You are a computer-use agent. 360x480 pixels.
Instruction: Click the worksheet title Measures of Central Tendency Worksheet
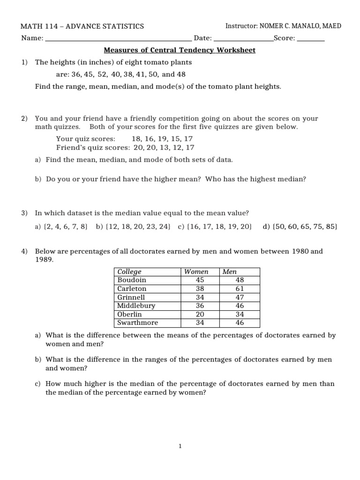[179, 50]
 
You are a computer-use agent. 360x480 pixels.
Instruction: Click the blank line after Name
[118, 39]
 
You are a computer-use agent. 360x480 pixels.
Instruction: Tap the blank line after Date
[243, 39]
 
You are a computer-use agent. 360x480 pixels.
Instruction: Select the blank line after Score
[311, 39]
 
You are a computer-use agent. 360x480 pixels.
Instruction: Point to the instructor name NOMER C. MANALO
[289, 26]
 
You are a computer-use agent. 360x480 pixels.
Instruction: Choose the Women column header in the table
[196, 272]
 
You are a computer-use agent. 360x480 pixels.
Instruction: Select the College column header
[129, 272]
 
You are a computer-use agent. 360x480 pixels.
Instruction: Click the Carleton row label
[132, 289]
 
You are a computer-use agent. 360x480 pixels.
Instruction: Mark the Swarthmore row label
[137, 322]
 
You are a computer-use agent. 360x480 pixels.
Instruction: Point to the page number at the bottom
[180, 447]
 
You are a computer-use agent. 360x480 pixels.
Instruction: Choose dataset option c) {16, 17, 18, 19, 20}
[215, 227]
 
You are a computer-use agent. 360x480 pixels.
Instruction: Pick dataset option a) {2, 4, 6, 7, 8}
[62, 227]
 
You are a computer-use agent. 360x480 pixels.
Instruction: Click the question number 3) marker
[24, 213]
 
